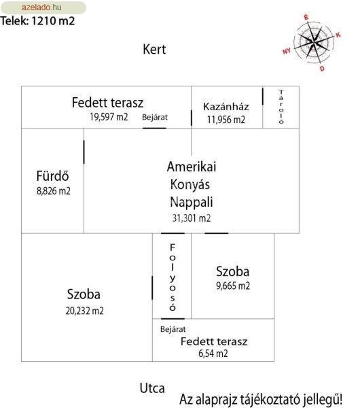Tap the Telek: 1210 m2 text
[x=37, y=21]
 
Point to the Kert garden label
[x=154, y=49]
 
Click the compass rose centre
[x=314, y=41]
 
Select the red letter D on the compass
[x=323, y=69]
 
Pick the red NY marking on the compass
[x=287, y=51]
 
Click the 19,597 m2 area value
[x=109, y=117]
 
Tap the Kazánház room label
[x=226, y=107]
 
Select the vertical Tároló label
[x=281, y=107]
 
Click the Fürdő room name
[x=52, y=176]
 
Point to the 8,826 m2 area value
[x=54, y=190]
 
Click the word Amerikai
[x=192, y=167]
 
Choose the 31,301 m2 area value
[x=192, y=218]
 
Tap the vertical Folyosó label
[x=173, y=277]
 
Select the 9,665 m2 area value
[x=233, y=286]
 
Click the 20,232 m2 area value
[x=84, y=311]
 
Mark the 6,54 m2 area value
[x=213, y=354]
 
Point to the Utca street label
[x=152, y=388]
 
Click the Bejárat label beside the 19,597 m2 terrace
[x=155, y=117]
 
